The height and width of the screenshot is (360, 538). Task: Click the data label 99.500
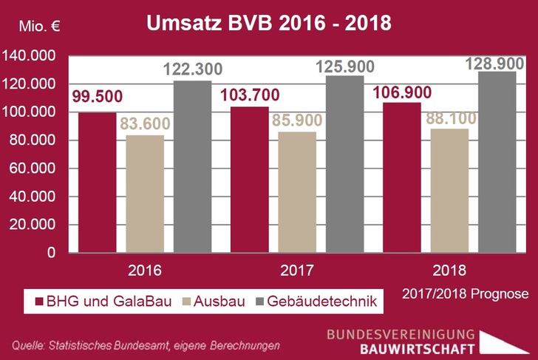coord(97,97)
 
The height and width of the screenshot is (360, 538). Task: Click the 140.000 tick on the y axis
coord(30,56)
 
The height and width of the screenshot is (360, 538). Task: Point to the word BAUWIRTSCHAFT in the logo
coord(418,348)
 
